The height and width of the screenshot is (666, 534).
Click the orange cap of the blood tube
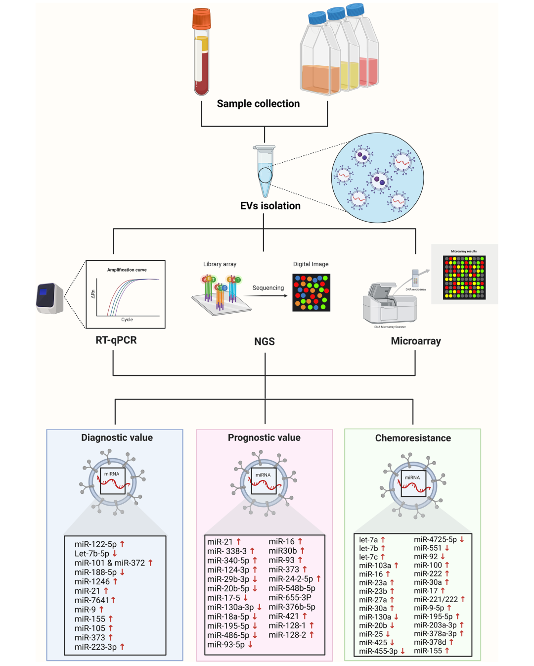pyautogui.click(x=202, y=19)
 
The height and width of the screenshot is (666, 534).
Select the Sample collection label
pyautogui.click(x=258, y=104)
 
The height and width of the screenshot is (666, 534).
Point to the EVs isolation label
pyautogui.click(x=270, y=206)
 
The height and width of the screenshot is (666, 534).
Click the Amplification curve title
pyautogui.click(x=127, y=270)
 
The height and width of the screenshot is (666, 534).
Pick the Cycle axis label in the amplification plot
pyautogui.click(x=127, y=320)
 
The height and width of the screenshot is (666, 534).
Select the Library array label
pyautogui.click(x=220, y=264)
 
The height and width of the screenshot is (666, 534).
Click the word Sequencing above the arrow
pyautogui.click(x=268, y=288)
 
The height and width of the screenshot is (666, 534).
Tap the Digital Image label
pyautogui.click(x=311, y=264)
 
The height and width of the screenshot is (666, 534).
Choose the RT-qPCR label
pyautogui.click(x=116, y=340)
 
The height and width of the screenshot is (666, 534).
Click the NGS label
pyautogui.click(x=265, y=341)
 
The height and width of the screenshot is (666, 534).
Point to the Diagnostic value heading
pyautogui.click(x=117, y=438)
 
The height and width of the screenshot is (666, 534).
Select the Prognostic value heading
pyautogui.click(x=264, y=438)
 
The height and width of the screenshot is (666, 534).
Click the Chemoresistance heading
pyautogui.click(x=413, y=438)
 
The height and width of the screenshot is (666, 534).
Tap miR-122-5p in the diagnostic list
pyautogui.click(x=95, y=544)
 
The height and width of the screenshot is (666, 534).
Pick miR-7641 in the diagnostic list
pyautogui.click(x=91, y=600)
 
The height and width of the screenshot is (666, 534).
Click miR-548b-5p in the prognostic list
pyautogui.click(x=292, y=588)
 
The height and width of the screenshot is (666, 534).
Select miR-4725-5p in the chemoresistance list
pyautogui.click(x=435, y=539)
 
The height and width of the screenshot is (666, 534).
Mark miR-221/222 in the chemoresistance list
pyautogui.click(x=436, y=599)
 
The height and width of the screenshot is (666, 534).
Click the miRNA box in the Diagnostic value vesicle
pyautogui.click(x=113, y=480)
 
